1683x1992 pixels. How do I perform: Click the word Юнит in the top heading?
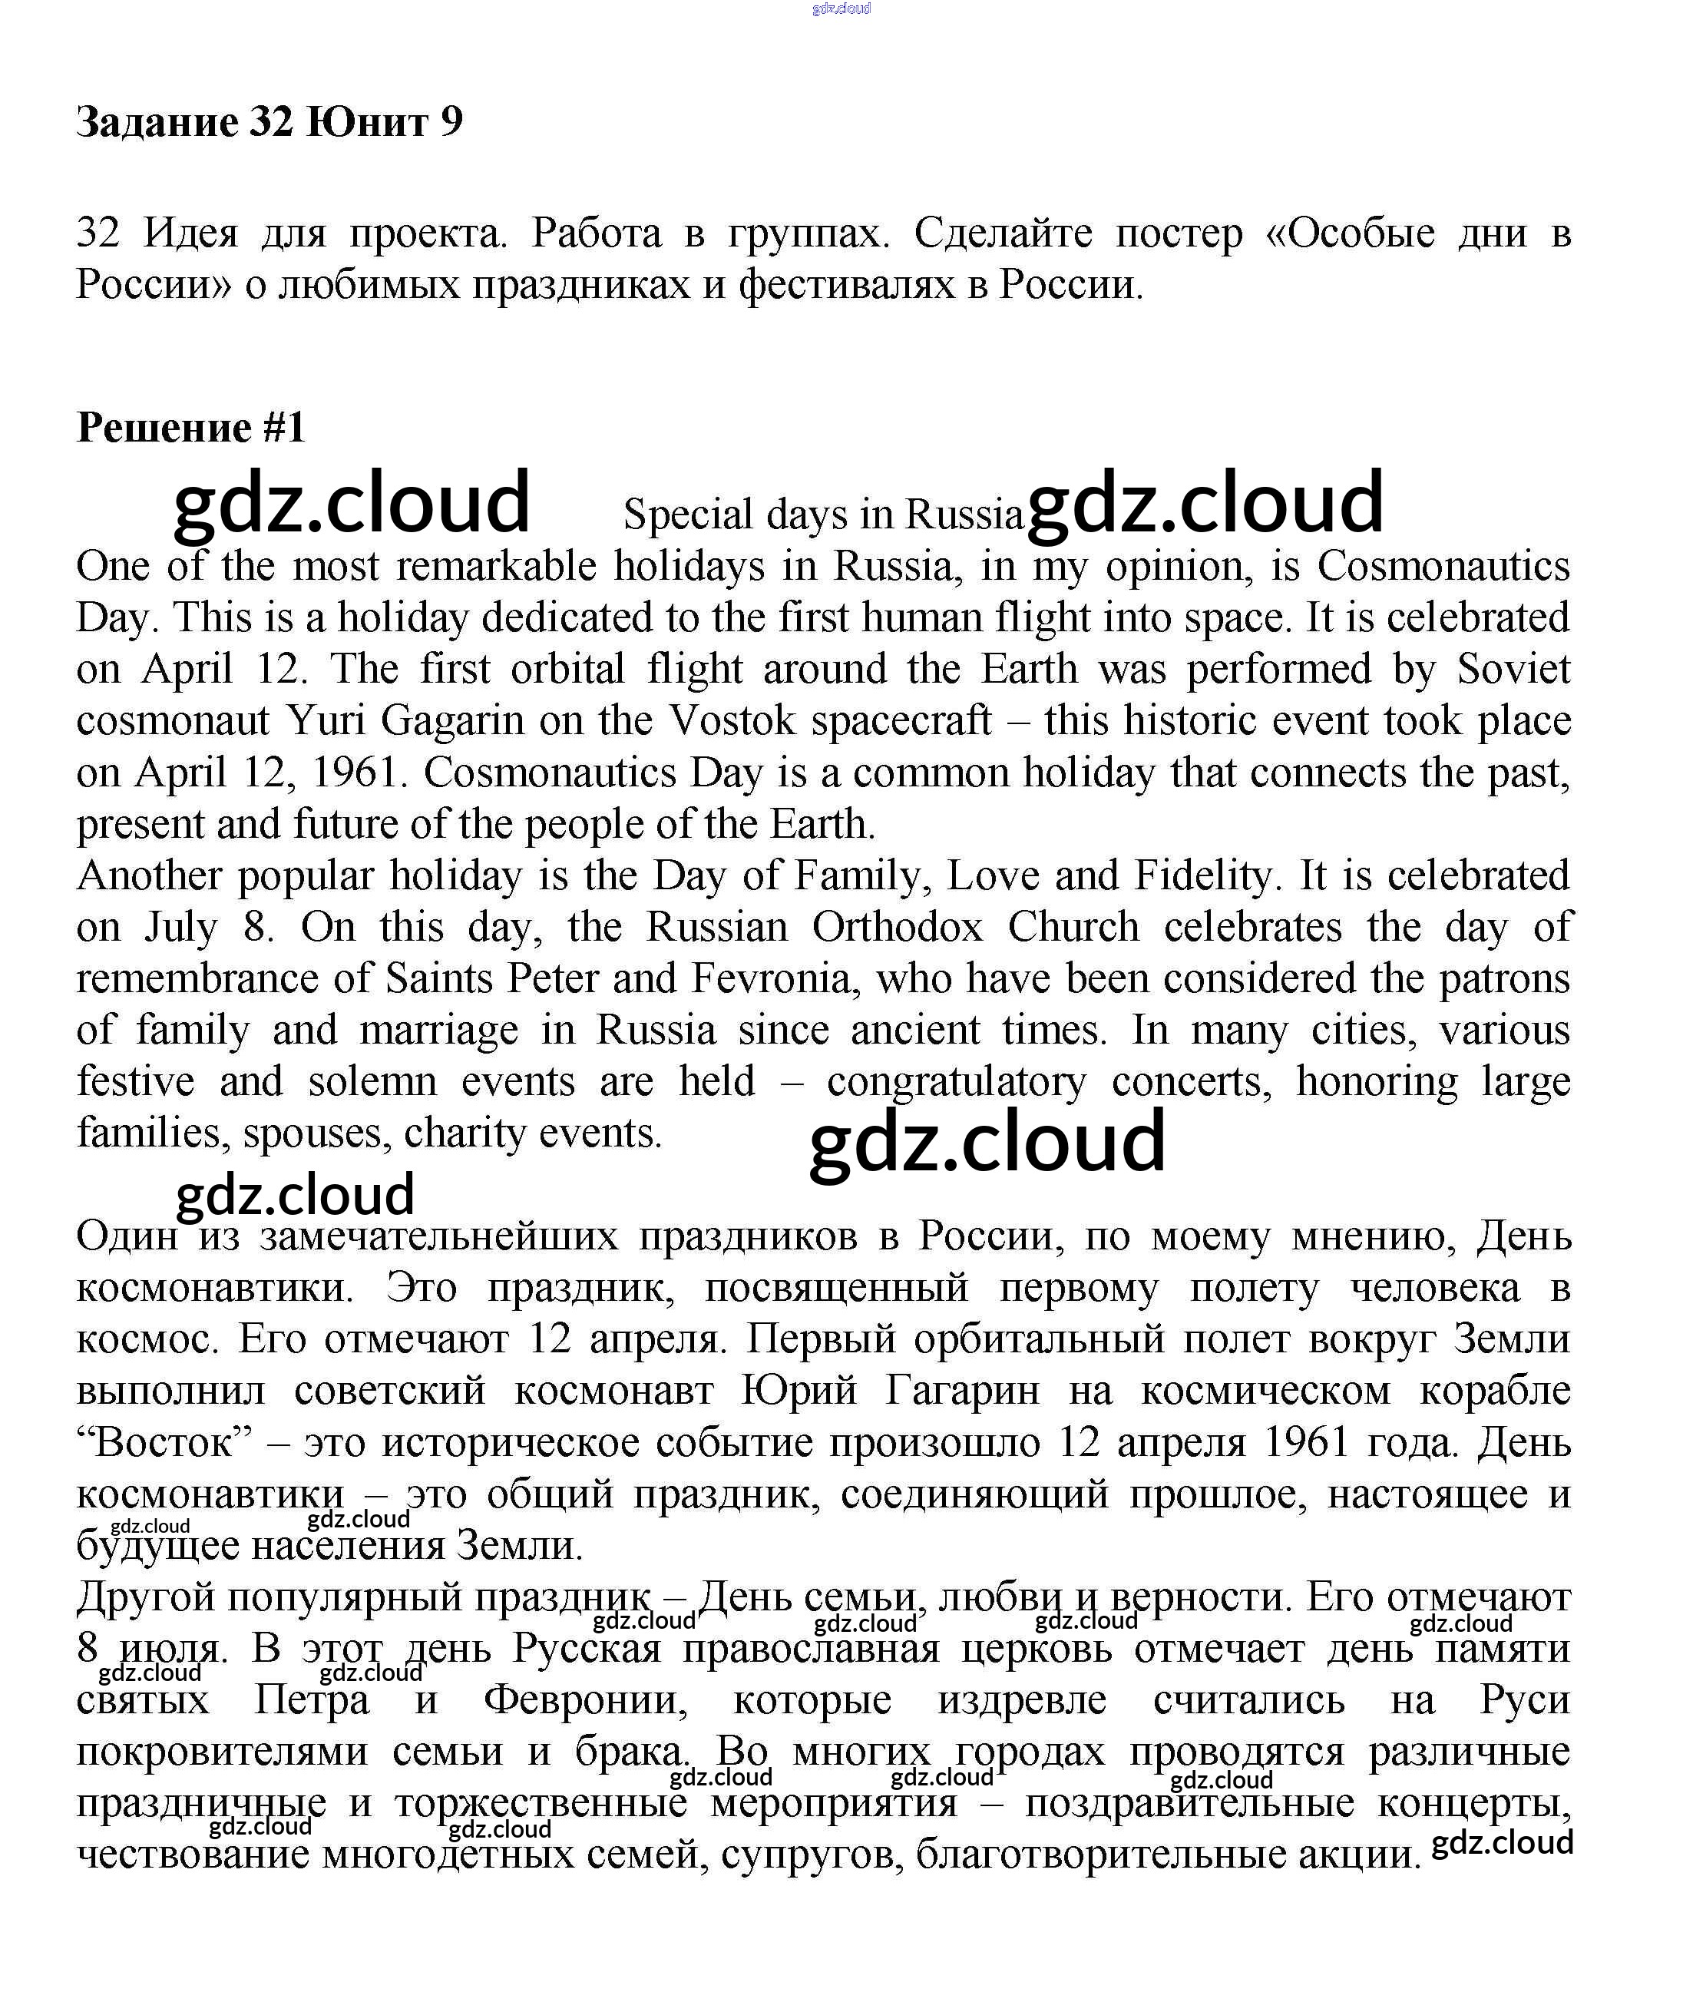coord(365,122)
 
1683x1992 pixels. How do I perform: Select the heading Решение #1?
coord(191,428)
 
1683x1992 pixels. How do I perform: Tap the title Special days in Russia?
coord(822,515)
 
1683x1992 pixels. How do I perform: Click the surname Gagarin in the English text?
coord(452,721)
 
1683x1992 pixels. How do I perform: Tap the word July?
coord(180,928)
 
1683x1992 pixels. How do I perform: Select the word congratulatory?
coord(956,1083)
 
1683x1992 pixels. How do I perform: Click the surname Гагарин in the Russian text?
coord(962,1391)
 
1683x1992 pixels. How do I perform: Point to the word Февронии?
coord(584,1700)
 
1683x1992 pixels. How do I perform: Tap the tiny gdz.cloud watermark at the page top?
coord(841,8)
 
